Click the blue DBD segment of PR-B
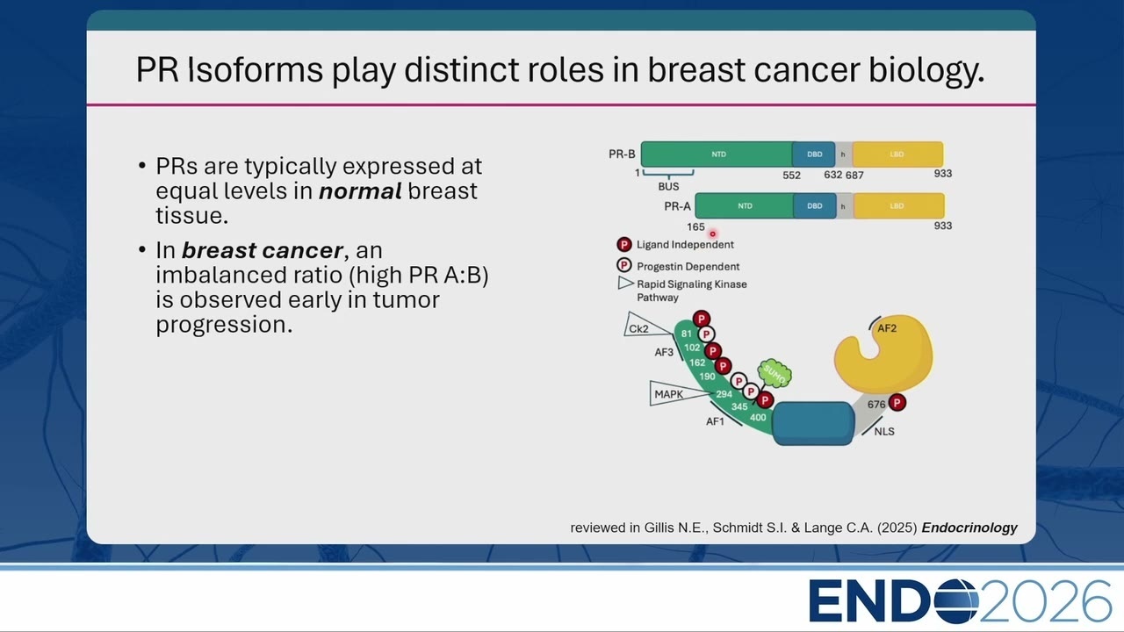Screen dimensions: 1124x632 [x=813, y=154]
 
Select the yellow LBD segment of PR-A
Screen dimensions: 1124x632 [x=898, y=206]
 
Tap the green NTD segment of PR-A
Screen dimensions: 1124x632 [x=745, y=206]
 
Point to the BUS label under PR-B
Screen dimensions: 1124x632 [x=668, y=187]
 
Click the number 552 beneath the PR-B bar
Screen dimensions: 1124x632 [x=791, y=175]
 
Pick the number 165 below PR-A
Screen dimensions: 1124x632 [x=695, y=227]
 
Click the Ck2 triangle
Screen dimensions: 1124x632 [x=645, y=326]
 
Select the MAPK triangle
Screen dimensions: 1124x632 [x=674, y=393]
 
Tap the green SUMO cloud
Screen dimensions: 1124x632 [x=775, y=374]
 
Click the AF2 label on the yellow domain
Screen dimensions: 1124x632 [x=887, y=328]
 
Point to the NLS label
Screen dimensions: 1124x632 [x=884, y=431]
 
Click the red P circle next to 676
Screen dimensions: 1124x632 [x=897, y=402]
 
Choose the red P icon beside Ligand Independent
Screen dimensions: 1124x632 [x=624, y=244]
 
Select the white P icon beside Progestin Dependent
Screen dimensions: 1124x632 [x=624, y=265]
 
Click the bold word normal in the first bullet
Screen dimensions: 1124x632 [x=360, y=191]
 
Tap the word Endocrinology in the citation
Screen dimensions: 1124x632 [x=969, y=528]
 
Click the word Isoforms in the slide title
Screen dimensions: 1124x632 [x=255, y=69]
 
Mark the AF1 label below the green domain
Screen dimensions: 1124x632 [x=715, y=421]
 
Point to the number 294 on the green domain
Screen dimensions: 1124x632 [x=724, y=394]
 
